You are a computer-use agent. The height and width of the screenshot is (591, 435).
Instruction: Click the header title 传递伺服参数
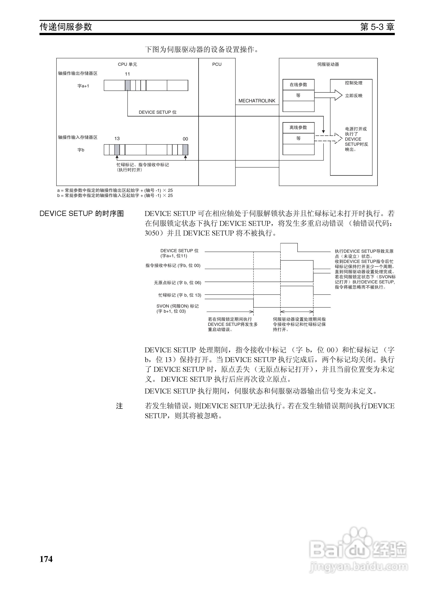66,27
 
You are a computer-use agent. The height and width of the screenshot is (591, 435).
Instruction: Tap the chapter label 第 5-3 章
377,27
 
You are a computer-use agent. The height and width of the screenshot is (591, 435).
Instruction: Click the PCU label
217,64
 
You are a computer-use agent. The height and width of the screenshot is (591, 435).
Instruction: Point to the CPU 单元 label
127,64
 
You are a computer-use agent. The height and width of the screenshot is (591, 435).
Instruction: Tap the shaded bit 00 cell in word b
185,150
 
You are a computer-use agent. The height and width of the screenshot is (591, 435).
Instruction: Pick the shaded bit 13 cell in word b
117,150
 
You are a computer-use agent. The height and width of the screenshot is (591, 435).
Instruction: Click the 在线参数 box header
298,84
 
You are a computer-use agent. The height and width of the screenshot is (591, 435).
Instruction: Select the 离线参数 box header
298,127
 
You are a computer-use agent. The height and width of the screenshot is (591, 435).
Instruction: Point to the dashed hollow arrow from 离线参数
328,138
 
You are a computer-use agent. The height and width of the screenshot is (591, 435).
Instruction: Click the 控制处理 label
354,83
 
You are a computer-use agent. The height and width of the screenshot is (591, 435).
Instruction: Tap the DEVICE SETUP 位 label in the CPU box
158,112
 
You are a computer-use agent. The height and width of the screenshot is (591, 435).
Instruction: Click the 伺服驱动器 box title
328,64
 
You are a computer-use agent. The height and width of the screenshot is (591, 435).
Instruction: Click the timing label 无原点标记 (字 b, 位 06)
177,283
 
